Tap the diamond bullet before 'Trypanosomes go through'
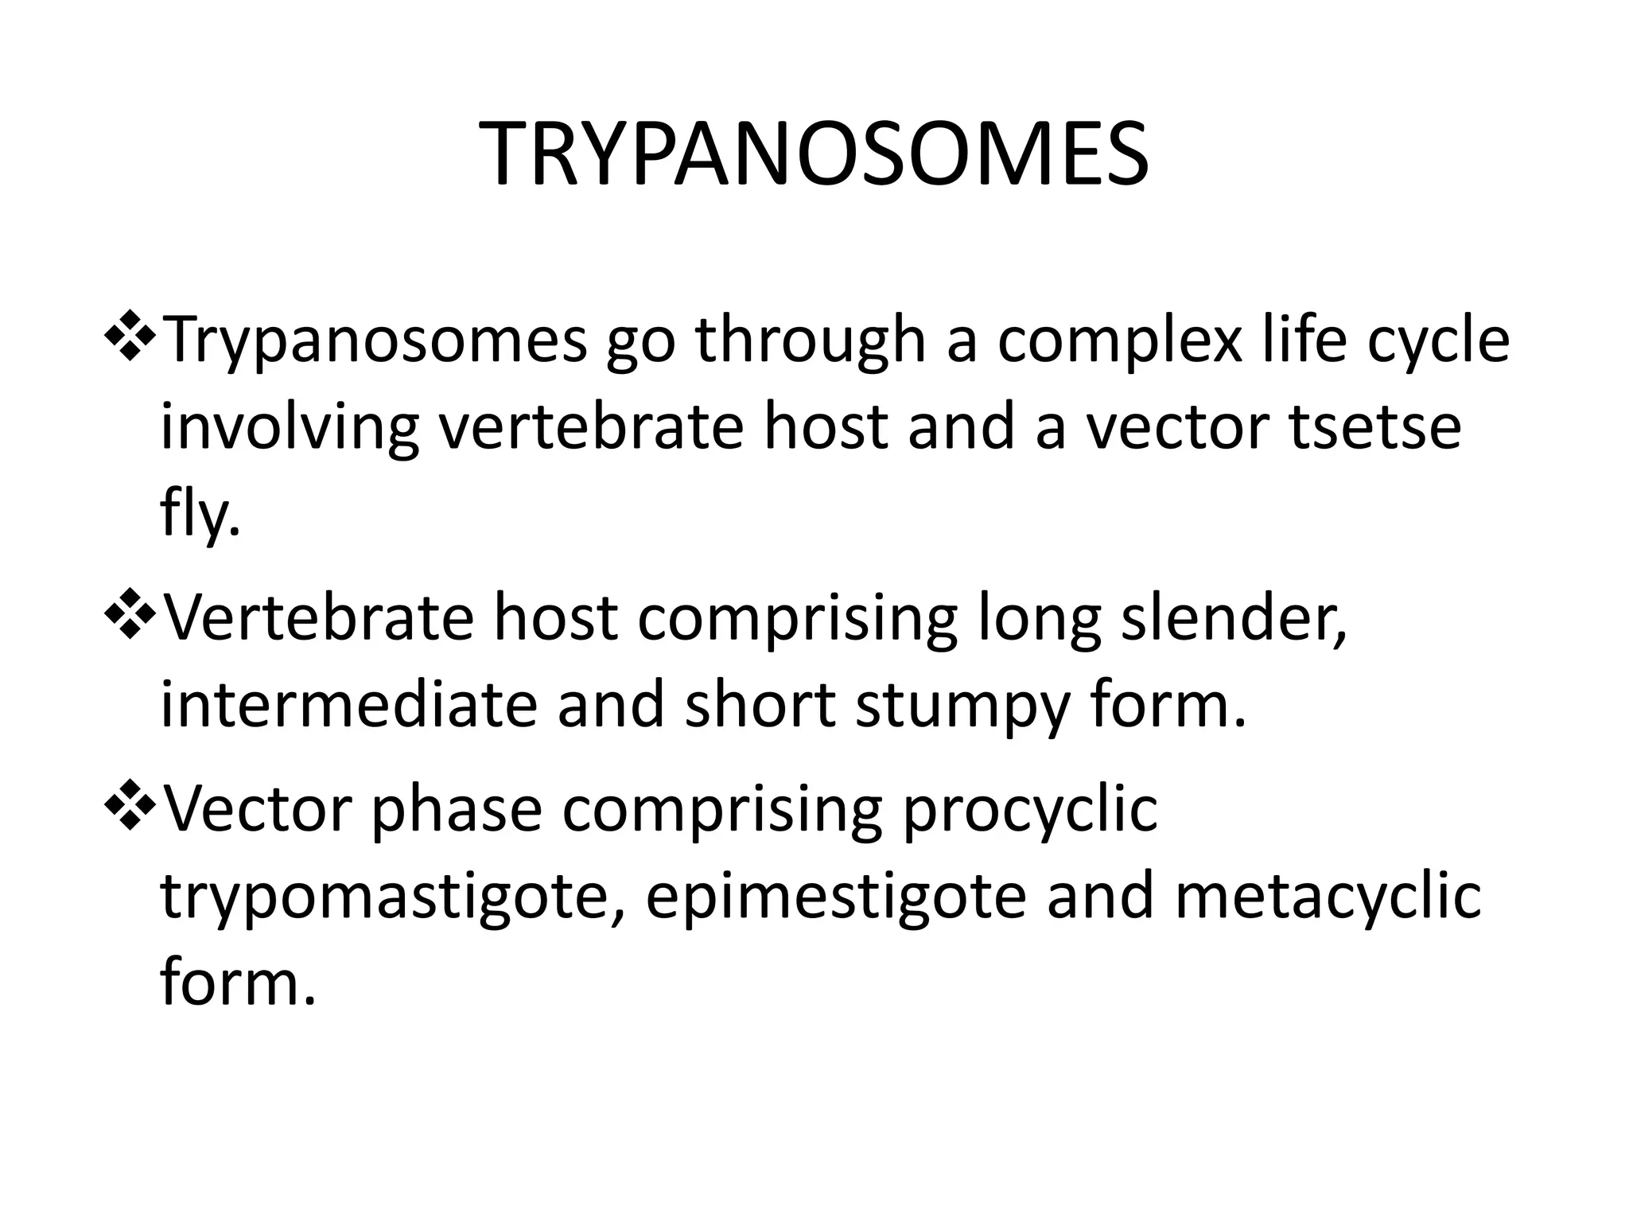129,335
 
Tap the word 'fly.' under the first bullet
200,516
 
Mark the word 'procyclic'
1029,813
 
